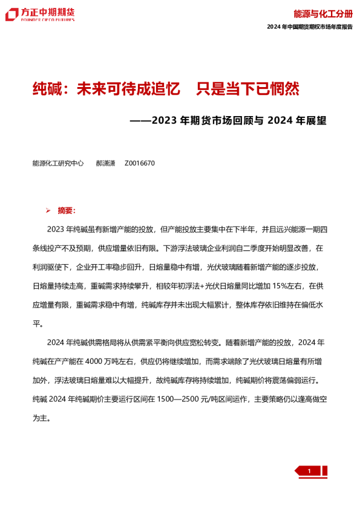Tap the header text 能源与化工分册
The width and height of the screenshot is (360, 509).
[322, 13]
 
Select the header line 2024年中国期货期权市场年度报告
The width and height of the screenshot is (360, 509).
[309, 28]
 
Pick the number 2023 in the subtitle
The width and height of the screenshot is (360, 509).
[165, 120]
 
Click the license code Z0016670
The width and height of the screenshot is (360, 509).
[140, 163]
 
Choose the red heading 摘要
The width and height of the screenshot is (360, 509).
[66, 211]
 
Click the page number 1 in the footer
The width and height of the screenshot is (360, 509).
[309, 472]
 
